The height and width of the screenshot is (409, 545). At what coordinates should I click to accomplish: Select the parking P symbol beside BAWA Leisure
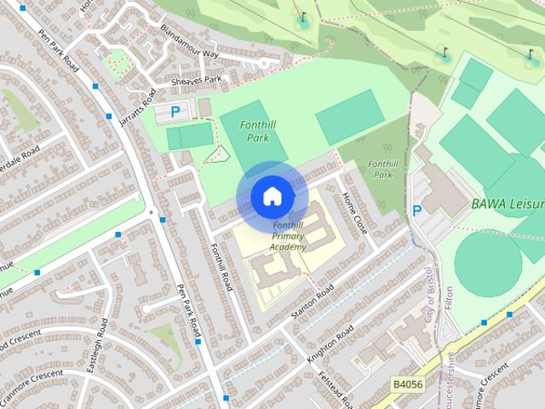click(417, 210)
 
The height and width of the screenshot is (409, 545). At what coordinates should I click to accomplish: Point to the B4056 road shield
click(410, 385)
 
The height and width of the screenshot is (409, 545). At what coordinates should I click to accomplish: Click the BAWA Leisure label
click(508, 204)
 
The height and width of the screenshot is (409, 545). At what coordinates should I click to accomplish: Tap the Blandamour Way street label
click(188, 42)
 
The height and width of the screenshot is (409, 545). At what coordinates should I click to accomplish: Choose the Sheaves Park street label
click(197, 80)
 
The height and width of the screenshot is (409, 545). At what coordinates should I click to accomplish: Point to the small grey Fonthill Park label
click(384, 169)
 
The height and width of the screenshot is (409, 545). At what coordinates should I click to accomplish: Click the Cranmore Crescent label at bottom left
click(32, 389)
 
